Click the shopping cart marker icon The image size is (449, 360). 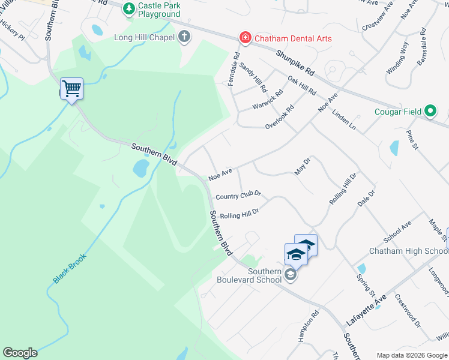[x=71, y=89]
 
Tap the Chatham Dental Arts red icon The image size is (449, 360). [x=245, y=38]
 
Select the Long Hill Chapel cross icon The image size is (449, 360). [x=184, y=37]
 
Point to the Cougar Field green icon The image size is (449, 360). [x=430, y=111]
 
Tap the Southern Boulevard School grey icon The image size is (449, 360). [x=291, y=275]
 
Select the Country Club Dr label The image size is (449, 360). [x=238, y=196]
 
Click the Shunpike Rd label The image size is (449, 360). [x=295, y=62]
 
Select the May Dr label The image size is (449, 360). [x=302, y=167]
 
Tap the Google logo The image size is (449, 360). [x=20, y=353]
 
